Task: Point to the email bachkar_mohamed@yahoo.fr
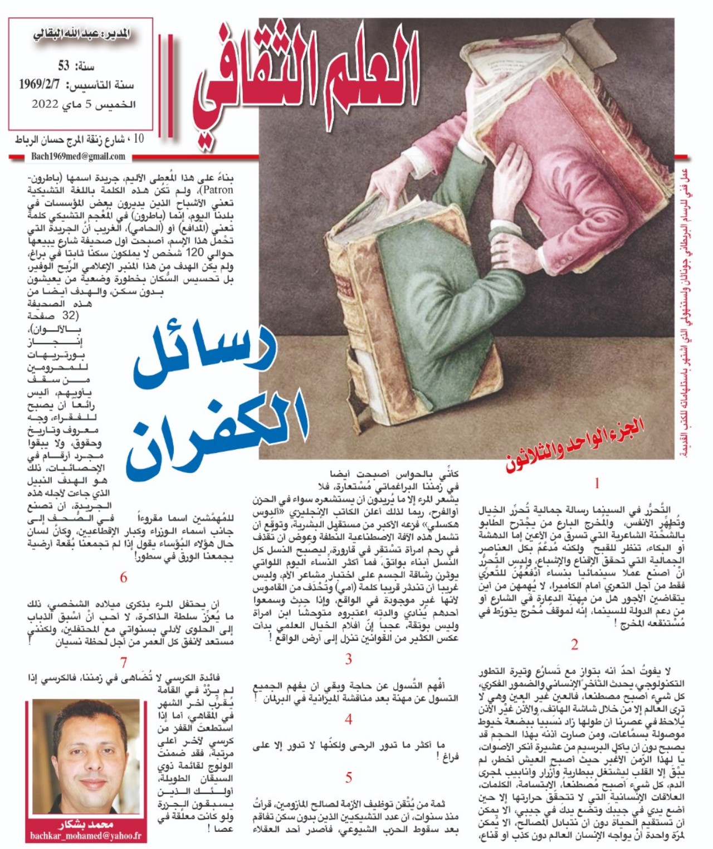[85, 836]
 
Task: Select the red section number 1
[597, 483]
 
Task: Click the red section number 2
[574, 645]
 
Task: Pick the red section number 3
[348, 659]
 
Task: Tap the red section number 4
[348, 719]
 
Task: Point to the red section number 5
[348, 777]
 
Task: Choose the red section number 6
[124, 577]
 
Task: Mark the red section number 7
[124, 663]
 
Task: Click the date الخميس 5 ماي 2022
[84, 104]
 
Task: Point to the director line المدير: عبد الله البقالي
[81, 35]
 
